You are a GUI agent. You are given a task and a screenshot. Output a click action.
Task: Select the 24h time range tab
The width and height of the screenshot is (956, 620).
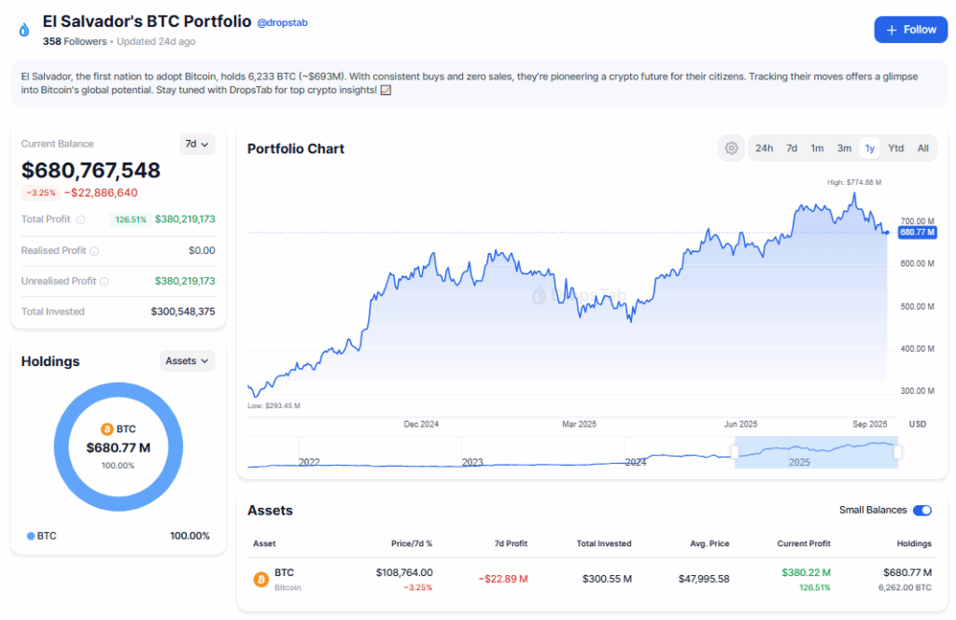click(764, 148)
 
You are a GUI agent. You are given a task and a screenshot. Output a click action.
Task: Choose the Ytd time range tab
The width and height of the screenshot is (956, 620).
click(895, 148)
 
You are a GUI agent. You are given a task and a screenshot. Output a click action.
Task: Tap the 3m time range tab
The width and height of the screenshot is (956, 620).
click(844, 148)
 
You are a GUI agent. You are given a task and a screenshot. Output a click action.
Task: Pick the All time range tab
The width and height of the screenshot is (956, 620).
click(922, 148)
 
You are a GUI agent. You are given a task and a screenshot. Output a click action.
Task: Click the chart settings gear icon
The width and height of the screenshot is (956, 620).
click(731, 148)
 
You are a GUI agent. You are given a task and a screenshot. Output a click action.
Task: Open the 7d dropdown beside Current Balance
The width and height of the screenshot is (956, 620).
click(196, 144)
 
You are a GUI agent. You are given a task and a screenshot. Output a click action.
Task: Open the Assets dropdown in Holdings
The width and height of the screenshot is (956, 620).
click(187, 360)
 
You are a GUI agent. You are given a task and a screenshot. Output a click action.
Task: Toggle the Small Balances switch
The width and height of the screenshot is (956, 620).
click(921, 510)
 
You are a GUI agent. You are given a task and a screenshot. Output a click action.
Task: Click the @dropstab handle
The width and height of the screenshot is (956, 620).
click(282, 22)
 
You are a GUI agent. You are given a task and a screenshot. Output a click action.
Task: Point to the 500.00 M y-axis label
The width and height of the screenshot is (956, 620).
click(916, 306)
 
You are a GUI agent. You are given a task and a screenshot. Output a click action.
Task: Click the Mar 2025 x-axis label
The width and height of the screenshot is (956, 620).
click(579, 424)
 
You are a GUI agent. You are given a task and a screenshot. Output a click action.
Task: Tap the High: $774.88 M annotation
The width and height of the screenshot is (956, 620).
click(853, 182)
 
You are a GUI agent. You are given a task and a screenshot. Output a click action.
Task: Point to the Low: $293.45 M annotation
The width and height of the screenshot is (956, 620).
click(274, 406)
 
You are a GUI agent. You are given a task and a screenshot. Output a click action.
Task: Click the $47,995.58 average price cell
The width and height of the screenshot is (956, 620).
click(704, 579)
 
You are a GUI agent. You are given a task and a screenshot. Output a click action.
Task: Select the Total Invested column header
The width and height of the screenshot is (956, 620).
click(603, 543)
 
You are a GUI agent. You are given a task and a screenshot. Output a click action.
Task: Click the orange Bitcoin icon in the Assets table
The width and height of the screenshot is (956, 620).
click(261, 579)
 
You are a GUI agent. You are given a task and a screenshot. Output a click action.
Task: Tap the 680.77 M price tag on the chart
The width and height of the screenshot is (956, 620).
click(916, 232)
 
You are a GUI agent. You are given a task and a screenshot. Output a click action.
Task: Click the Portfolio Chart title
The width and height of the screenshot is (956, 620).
click(296, 148)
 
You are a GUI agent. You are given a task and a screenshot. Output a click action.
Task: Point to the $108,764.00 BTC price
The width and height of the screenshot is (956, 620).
click(404, 572)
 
